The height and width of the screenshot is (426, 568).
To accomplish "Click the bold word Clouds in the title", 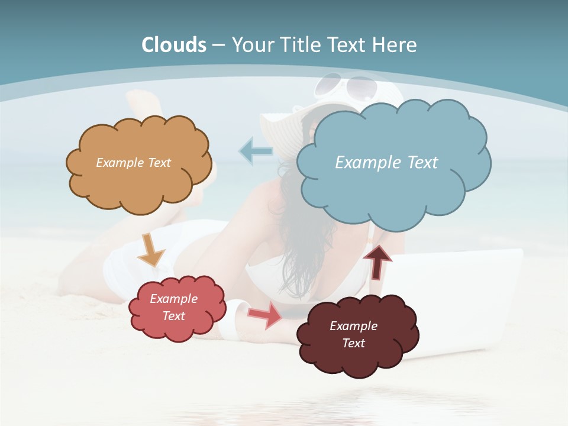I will coord(174,45).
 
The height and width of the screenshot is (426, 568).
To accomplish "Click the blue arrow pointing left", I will coord(255,151).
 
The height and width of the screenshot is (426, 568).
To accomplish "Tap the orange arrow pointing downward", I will coord(151,251).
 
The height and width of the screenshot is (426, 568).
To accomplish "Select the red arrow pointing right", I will coord(266,315).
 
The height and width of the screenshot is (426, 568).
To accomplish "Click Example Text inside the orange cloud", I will coord(133,163).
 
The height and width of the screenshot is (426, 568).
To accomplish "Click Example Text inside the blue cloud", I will coord(386,163).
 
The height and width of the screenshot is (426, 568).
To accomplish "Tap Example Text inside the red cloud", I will coord(173,307).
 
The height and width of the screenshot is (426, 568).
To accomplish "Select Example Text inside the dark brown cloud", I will coord(353,334).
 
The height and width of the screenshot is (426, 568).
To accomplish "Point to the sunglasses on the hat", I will coord(346,88).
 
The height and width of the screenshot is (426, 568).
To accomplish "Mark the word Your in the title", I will coord(252,45).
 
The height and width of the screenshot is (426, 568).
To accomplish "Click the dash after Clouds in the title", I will coord(218,45).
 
